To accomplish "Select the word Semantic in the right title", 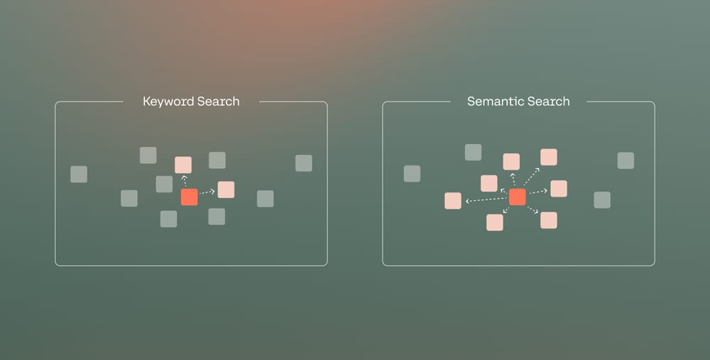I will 491,102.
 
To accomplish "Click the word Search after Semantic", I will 546,102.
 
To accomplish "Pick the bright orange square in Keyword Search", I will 189,197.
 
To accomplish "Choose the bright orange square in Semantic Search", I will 517,197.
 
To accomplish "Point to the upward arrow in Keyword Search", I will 185,181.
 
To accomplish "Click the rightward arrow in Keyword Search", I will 207,192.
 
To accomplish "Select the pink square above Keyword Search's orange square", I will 183,165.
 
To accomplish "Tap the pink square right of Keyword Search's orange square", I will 226,190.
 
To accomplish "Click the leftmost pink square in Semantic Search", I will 453,201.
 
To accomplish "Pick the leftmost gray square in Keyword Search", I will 79,174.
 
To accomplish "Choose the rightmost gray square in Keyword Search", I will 304,163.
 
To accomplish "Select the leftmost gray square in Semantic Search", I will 412,174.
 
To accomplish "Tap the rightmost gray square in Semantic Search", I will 626,160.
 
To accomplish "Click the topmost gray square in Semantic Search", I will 473,152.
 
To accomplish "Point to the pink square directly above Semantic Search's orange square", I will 511,162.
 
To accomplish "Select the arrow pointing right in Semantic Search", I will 537,192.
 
